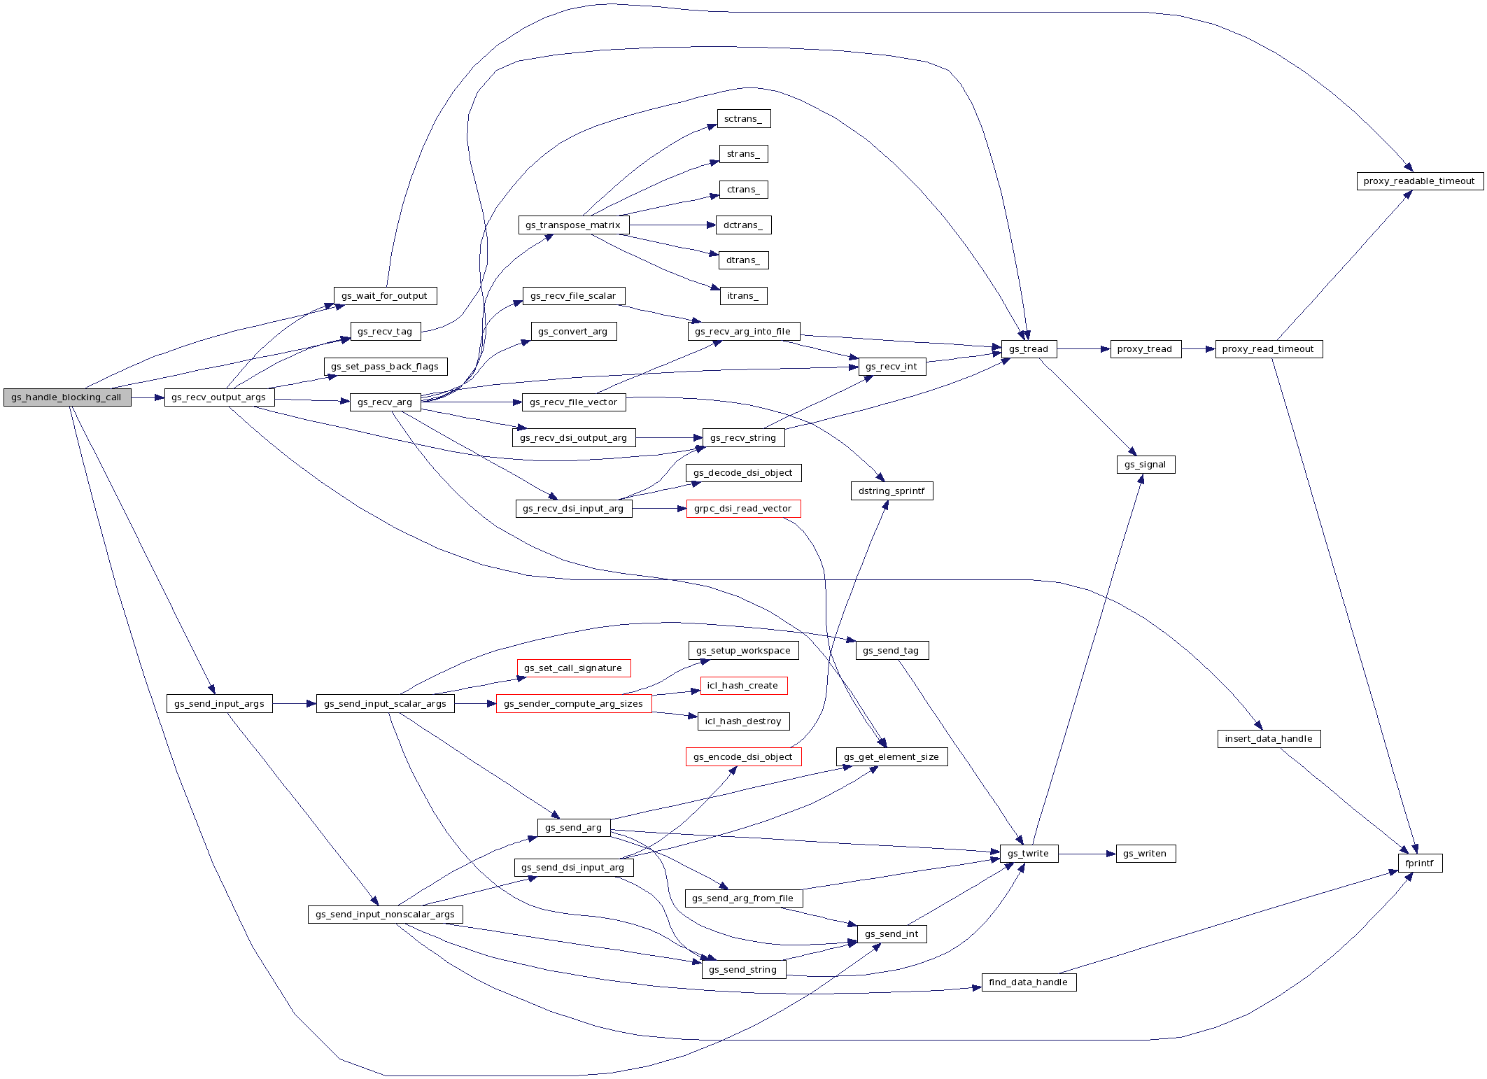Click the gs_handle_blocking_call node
[66, 397]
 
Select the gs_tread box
[1028, 349]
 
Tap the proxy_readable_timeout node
[1419, 181]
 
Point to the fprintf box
[1419, 863]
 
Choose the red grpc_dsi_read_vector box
[742, 509]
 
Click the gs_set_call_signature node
[573, 668]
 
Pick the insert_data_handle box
[1268, 739]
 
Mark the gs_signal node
[1145, 465]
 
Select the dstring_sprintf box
[891, 491]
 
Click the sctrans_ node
[743, 119]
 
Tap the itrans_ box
[742, 296]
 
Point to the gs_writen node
[1145, 854]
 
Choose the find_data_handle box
[1028, 982]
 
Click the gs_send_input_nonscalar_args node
[385, 915]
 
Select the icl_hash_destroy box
[743, 721]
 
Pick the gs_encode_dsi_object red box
[742, 757]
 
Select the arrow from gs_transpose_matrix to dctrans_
[672, 225]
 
